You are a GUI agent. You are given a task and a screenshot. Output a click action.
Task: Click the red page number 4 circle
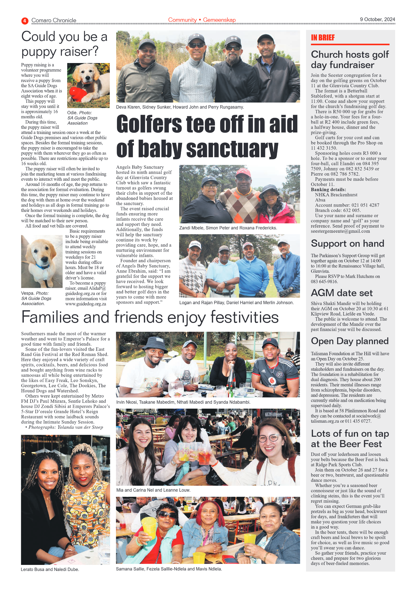25,21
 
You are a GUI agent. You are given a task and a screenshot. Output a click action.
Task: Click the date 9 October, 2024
377,19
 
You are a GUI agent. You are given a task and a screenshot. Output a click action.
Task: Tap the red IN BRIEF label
323,38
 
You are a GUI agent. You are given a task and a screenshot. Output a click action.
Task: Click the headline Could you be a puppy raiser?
64,44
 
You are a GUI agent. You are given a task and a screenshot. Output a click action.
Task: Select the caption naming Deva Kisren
180,107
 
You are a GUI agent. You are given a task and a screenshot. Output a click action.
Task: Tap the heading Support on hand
347,243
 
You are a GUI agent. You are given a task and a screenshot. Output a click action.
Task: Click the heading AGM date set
341,293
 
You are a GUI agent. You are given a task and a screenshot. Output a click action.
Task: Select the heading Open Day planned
349,341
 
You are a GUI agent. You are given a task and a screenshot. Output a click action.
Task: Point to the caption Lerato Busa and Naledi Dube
50,569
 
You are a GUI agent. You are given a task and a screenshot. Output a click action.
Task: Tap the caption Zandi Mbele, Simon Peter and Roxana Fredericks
228,228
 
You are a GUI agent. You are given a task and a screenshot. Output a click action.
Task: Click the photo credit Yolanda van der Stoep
80,427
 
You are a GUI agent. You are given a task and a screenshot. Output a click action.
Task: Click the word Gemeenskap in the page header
219,20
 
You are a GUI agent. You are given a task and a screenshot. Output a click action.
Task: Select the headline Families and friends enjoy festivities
150,317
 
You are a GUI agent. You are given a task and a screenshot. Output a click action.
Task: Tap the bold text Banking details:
328,190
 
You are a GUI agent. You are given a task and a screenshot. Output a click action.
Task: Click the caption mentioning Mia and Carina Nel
153,490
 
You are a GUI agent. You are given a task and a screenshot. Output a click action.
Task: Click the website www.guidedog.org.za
86,304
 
